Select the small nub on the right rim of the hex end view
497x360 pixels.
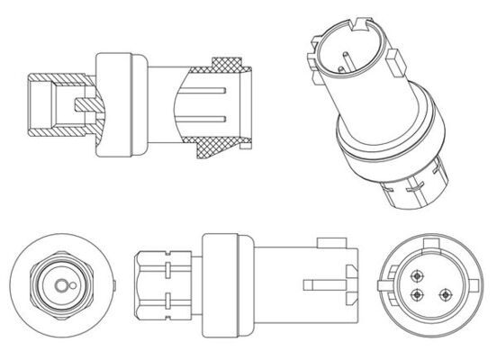(113, 286)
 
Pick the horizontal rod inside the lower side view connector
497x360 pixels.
(319, 286)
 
